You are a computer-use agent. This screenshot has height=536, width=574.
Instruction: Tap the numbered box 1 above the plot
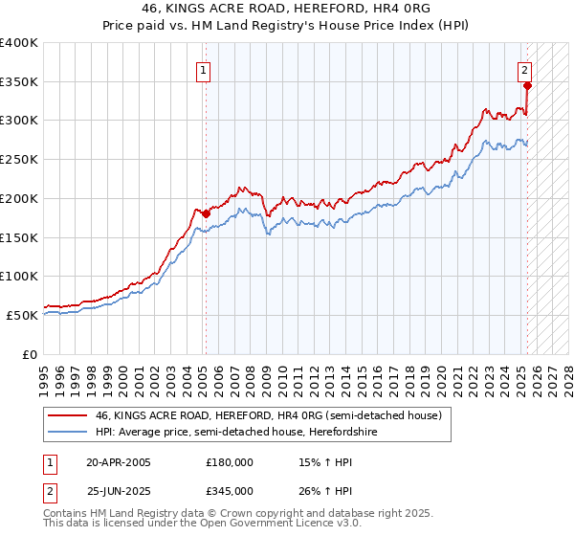[205, 69]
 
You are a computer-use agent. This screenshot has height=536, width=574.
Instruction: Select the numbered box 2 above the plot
[526, 69]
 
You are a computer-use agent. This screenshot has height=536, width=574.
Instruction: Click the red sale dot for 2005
[206, 214]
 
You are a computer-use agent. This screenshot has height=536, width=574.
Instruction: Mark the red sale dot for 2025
[527, 85]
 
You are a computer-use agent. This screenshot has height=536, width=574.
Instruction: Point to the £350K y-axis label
[19, 82]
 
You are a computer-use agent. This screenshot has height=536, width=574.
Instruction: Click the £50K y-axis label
[22, 315]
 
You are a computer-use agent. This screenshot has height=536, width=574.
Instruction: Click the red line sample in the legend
[67, 415]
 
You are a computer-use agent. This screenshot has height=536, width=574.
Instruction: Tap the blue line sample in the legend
[67, 432]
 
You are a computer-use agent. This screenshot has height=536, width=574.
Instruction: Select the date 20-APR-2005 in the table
[119, 462]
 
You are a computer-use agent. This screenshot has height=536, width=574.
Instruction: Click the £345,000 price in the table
[230, 491]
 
